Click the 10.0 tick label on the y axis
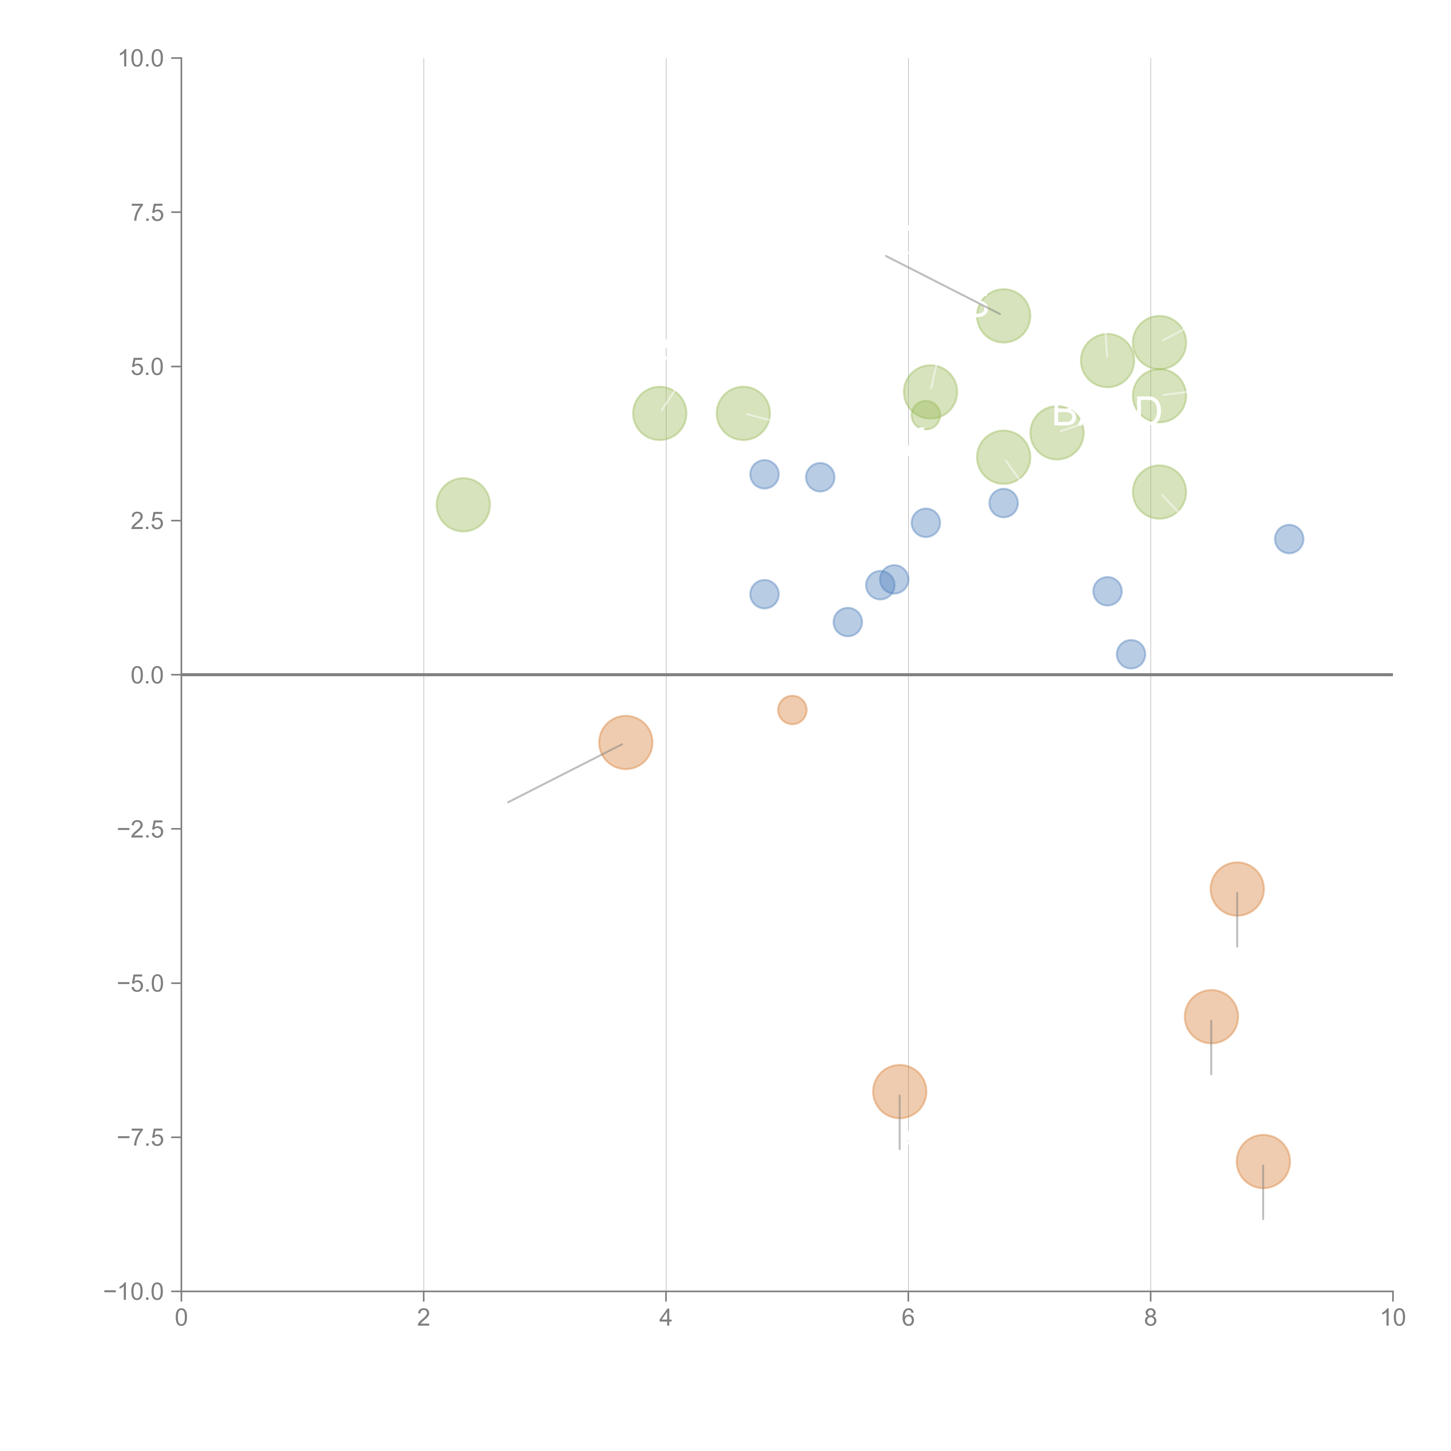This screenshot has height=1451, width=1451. [141, 59]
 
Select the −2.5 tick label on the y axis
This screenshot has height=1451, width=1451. [141, 829]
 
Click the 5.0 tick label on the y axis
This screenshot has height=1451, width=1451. [147, 367]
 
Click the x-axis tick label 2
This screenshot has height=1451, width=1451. [424, 1318]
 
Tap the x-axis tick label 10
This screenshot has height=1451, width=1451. [1392, 1318]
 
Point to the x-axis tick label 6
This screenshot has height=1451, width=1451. [908, 1318]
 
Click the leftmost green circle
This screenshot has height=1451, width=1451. [463, 505]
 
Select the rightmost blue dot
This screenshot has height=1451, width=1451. [1289, 539]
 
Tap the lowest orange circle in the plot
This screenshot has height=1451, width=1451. [1263, 1161]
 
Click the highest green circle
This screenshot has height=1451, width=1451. [1004, 315]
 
